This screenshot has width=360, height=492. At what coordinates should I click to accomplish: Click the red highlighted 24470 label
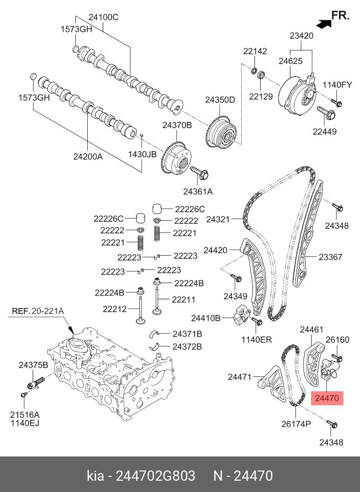point(327,399)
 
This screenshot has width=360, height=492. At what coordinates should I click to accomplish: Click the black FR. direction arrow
point(323,23)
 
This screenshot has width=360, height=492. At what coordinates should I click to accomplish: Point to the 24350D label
point(220,100)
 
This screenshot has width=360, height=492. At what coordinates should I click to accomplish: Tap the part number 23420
point(301,36)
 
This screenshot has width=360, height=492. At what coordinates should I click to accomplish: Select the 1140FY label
point(337,85)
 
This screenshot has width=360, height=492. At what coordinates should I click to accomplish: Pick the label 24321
point(218,220)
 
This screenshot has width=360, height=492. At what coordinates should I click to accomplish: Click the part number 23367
point(330,257)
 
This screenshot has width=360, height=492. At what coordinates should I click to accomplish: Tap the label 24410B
point(207,318)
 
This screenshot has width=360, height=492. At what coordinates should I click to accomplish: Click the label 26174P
point(297,424)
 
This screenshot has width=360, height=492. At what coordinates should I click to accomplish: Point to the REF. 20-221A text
point(38,311)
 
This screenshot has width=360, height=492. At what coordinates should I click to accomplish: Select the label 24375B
point(33,364)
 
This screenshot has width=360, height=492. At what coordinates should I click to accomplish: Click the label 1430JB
point(142,153)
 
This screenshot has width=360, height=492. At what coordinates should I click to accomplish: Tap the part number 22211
point(183,299)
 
